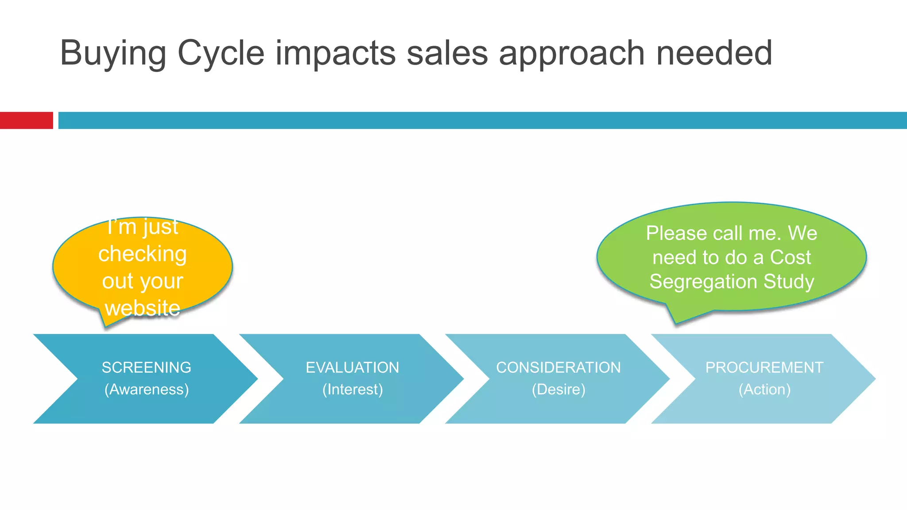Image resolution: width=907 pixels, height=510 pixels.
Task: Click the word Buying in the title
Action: (x=113, y=53)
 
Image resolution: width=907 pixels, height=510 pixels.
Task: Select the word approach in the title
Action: (x=572, y=53)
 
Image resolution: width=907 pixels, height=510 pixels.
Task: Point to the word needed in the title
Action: (x=714, y=53)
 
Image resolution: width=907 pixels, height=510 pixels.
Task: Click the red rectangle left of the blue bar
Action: (x=26, y=120)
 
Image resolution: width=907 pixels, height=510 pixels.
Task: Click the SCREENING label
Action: (x=147, y=367)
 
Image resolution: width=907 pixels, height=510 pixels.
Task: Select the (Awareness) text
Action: (x=147, y=390)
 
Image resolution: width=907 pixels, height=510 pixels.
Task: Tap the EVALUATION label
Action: (x=353, y=367)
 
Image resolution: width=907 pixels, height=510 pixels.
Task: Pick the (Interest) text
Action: (x=353, y=390)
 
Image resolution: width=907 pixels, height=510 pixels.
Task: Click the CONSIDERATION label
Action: (x=558, y=367)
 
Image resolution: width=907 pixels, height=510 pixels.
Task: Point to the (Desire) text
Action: (x=558, y=390)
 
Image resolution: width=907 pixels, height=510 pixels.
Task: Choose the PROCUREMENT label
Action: (x=764, y=367)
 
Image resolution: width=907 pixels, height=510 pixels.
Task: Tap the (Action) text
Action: (x=764, y=390)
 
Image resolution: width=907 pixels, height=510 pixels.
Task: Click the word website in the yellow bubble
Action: (x=143, y=308)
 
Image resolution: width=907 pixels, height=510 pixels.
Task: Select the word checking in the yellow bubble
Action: (x=143, y=254)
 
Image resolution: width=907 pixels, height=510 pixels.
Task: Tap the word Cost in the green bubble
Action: (x=791, y=257)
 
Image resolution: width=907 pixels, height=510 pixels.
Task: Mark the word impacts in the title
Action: (x=335, y=53)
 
